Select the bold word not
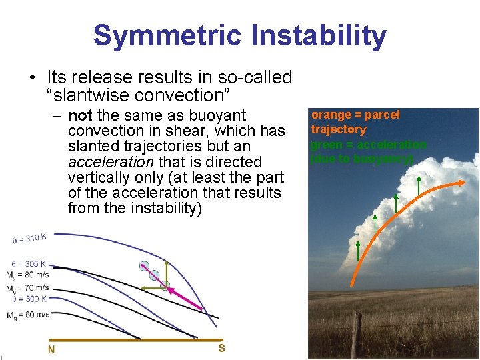point(80,115)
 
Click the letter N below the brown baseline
point(51,349)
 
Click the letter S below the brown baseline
point(221,347)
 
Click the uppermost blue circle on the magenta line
point(143,266)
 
